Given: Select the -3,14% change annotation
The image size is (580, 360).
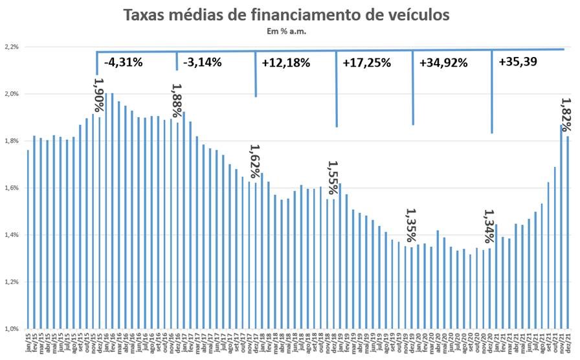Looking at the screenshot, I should [202, 62].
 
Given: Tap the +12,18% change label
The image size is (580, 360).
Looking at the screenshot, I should [285, 63].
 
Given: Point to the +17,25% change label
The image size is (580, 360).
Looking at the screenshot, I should [366, 63].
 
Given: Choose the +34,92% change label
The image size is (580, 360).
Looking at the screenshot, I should [443, 63].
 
